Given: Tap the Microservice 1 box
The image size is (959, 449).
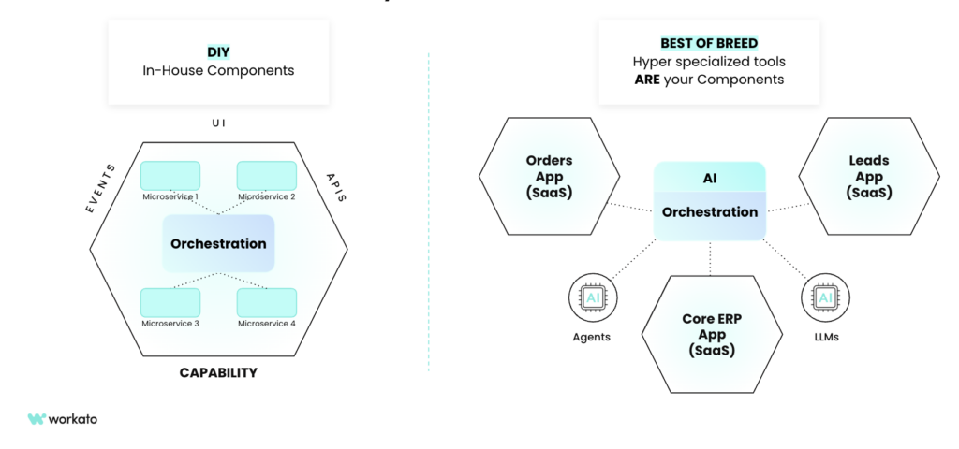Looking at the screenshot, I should [x=170, y=176].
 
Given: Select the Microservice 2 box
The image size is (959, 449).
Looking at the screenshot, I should [x=266, y=176].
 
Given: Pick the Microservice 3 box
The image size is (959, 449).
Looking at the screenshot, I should [x=170, y=302].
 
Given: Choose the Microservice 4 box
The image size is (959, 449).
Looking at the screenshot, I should [x=266, y=302].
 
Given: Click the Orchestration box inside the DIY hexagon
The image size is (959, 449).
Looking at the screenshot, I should [x=218, y=243].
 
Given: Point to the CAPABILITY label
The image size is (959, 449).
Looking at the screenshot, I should [x=218, y=372].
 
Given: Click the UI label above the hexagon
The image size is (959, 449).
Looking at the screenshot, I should [x=218, y=123].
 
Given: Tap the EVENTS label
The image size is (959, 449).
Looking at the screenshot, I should [x=101, y=188].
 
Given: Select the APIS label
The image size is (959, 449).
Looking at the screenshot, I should [x=335, y=186].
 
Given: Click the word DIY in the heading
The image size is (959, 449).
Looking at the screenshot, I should [x=218, y=52].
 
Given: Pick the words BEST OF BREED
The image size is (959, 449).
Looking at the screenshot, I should [x=708, y=43].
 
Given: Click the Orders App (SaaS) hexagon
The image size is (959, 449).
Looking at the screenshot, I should [x=549, y=177].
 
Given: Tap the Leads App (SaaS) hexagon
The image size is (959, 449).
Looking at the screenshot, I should [x=868, y=177].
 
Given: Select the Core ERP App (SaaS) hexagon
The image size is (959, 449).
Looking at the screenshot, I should [x=710, y=334].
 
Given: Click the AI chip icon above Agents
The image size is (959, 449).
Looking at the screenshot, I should [x=591, y=298].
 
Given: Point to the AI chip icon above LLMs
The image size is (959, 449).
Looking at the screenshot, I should [x=825, y=298].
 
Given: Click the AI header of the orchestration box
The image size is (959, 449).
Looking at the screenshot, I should [x=709, y=178].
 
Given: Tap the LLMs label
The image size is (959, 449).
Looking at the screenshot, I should [x=825, y=336].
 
